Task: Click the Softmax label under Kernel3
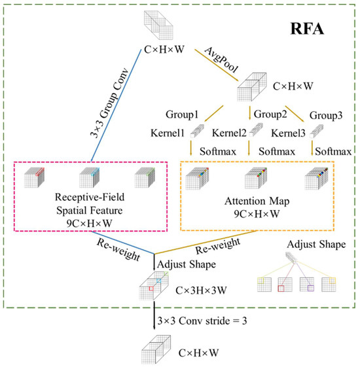pyautogui.click(x=333, y=151)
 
